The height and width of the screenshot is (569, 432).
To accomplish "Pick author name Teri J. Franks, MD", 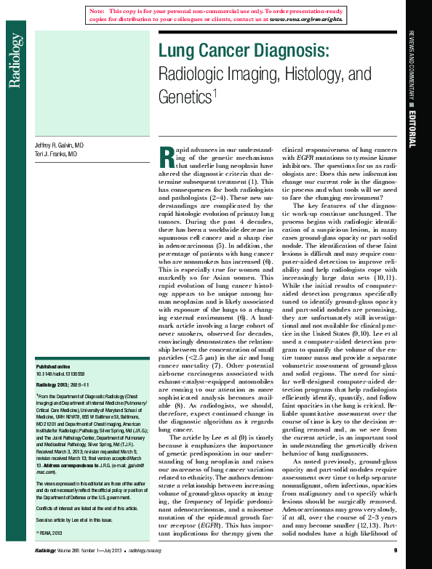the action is [x=56, y=154].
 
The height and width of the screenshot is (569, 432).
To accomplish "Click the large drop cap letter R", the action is [x=165, y=156].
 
